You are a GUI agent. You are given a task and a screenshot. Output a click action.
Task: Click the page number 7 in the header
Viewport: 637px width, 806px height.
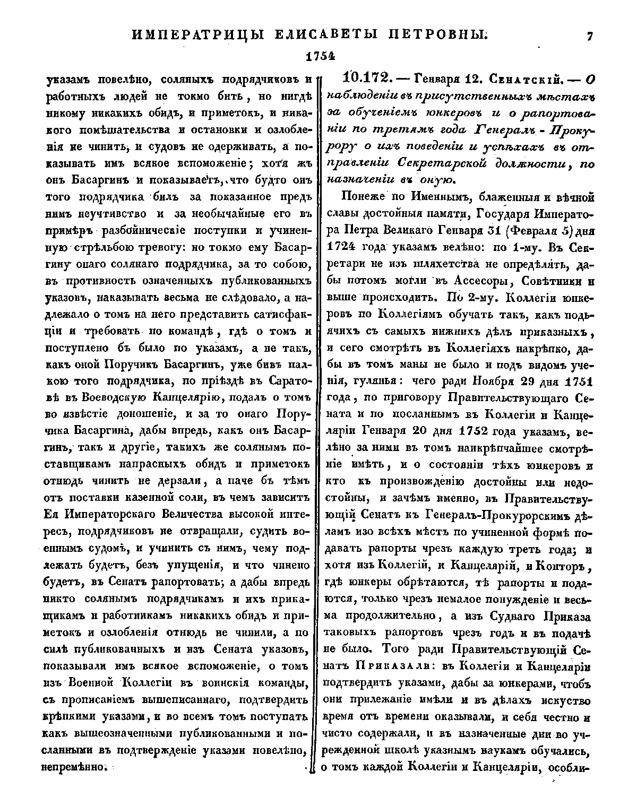589,36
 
